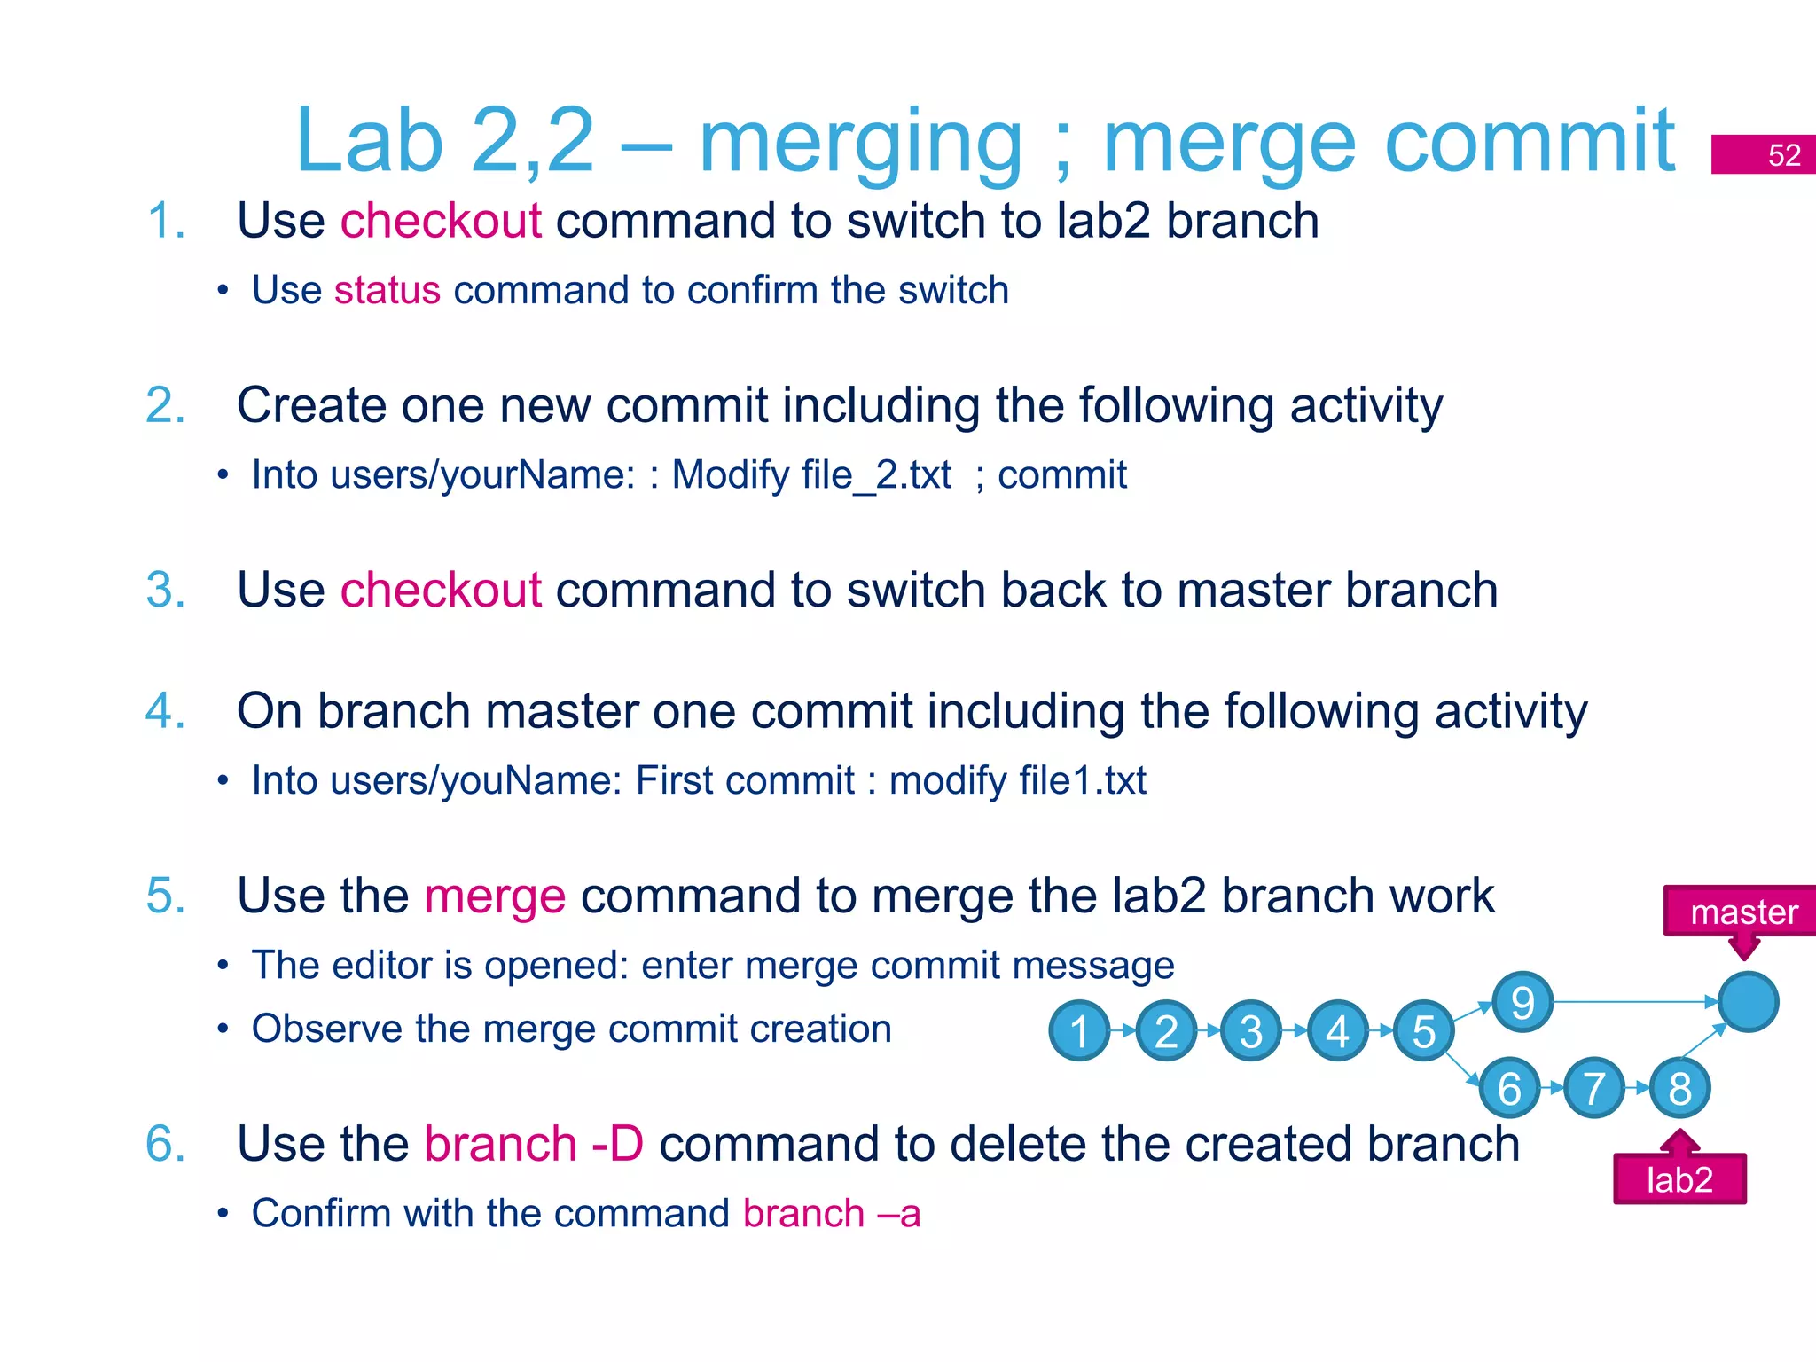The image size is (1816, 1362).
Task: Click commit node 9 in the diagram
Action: [1522, 1002]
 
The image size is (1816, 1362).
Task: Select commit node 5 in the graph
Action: [1423, 1030]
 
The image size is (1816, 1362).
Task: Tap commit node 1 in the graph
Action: [1079, 1030]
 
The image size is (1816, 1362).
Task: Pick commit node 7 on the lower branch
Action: [1593, 1087]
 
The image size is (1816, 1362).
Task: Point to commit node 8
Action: [1679, 1087]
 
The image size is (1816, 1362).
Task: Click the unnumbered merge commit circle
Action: [1748, 1002]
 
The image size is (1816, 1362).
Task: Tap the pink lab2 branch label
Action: [1679, 1179]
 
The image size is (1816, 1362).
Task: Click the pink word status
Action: [387, 291]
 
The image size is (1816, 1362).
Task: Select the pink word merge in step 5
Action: [495, 896]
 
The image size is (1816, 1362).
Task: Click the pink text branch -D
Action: [534, 1144]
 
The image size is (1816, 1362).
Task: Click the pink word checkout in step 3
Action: [441, 591]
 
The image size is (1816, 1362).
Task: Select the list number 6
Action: [165, 1144]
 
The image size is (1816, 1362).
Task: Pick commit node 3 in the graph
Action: [1251, 1030]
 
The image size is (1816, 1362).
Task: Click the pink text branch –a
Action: [832, 1214]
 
